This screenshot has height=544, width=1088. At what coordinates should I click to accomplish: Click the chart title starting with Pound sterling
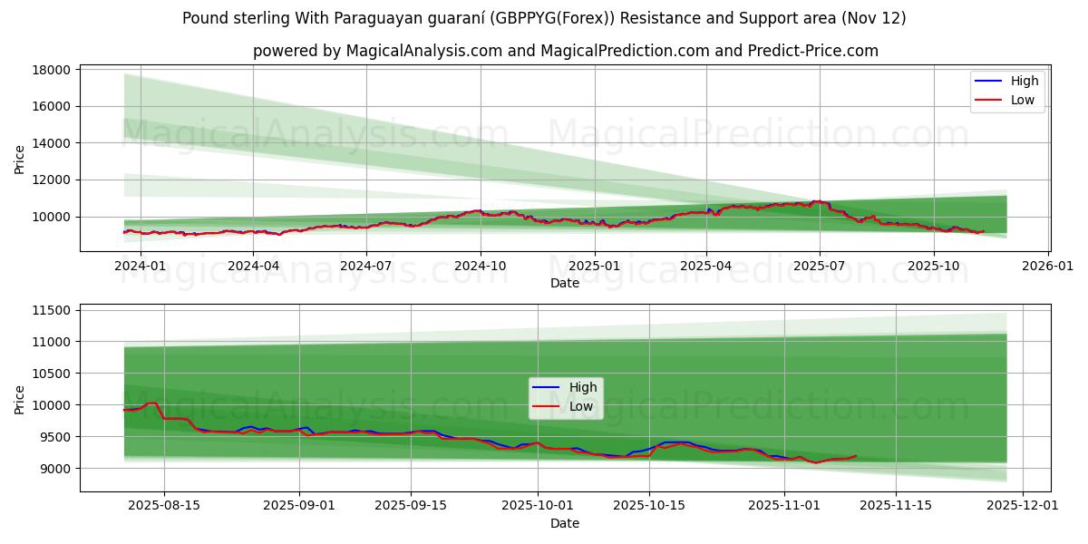(x=544, y=18)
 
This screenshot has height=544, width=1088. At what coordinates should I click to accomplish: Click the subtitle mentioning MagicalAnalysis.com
(x=565, y=51)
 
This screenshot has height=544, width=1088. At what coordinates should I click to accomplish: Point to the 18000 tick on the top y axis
(x=52, y=70)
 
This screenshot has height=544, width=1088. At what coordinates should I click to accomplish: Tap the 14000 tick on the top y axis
(x=52, y=143)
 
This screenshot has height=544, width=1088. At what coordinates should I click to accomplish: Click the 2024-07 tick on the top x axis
(x=366, y=266)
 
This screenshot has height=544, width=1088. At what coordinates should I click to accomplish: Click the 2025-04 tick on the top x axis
(x=706, y=266)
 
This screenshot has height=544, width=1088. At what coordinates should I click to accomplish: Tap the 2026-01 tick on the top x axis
(x=1048, y=266)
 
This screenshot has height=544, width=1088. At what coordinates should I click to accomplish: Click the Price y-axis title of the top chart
(x=20, y=158)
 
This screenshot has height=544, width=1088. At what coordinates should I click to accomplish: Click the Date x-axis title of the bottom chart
(x=565, y=523)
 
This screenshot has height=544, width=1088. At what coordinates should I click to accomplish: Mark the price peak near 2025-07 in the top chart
(x=817, y=201)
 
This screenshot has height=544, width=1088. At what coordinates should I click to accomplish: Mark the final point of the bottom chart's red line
(x=855, y=456)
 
